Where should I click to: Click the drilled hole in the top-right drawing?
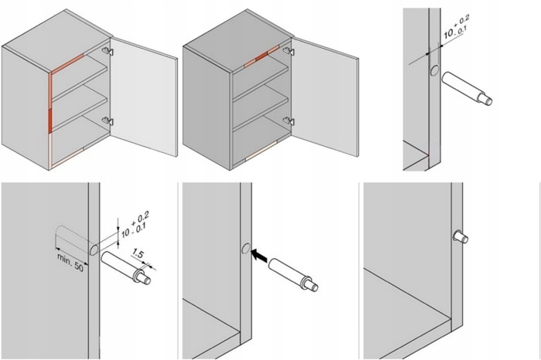[434, 70]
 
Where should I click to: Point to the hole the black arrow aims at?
[244, 249]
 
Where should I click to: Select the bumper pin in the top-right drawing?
[468, 88]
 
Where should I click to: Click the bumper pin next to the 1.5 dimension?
[124, 265]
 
